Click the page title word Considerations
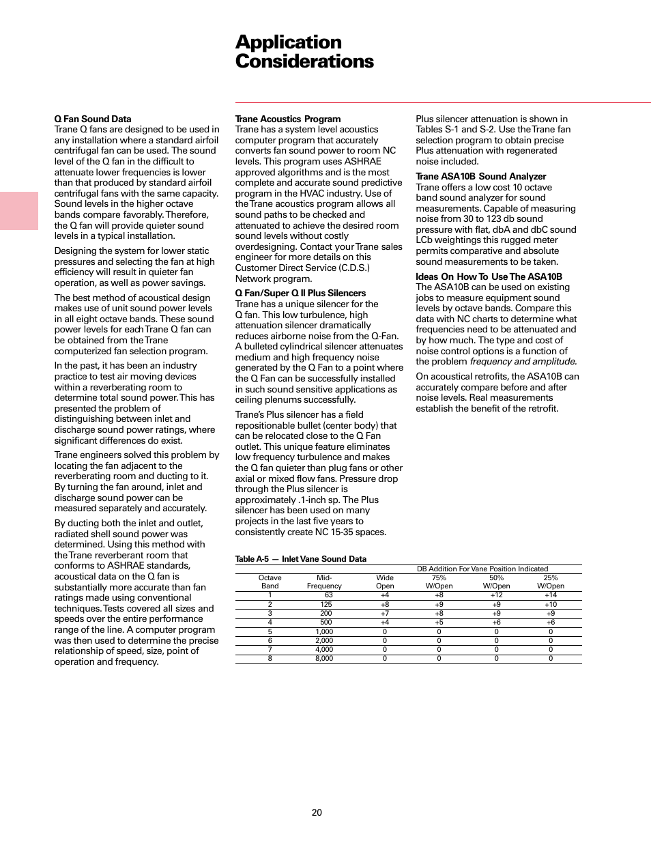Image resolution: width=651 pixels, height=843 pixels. [x=304, y=61]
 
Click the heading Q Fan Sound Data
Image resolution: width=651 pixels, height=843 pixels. [x=93, y=119]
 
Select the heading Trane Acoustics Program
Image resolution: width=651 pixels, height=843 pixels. [x=287, y=119]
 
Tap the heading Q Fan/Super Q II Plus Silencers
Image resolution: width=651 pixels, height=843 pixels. [x=300, y=293]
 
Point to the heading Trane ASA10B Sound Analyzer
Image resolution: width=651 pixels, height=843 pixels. [x=480, y=176]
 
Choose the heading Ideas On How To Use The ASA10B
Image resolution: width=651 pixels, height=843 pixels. [x=489, y=276]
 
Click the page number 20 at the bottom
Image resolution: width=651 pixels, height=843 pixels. [x=317, y=812]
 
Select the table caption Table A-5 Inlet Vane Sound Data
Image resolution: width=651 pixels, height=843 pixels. [x=300, y=559]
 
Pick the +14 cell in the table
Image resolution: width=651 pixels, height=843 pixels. [x=550, y=595]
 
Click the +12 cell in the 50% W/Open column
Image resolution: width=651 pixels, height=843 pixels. [x=496, y=595]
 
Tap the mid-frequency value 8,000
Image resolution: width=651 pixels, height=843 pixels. [x=324, y=659]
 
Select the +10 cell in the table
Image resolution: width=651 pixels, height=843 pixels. [x=550, y=604]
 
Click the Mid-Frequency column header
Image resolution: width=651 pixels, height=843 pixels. [x=324, y=582]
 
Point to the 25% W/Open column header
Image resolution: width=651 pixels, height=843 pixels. [x=550, y=582]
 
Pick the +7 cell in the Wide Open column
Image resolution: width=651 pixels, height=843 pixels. [x=385, y=613]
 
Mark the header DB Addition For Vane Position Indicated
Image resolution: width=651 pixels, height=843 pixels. [x=482, y=569]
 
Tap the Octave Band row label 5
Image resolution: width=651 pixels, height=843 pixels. [x=270, y=631]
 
